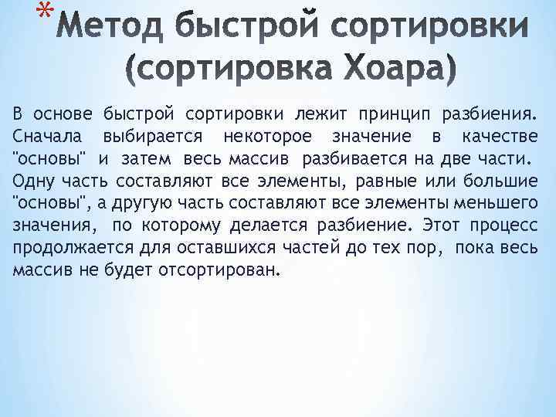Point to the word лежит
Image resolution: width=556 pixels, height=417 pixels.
(318, 115)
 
